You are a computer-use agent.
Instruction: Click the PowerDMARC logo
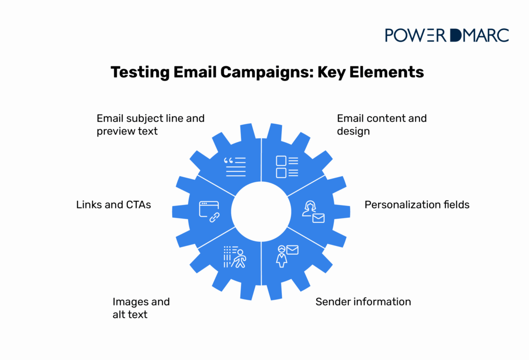click(x=446, y=35)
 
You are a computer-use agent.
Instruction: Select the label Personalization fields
click(x=417, y=205)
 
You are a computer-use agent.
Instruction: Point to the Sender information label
click(x=363, y=301)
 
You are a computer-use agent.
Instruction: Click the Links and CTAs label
click(x=114, y=205)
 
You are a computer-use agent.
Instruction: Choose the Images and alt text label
click(x=141, y=308)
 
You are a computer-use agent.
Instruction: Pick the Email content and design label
click(x=382, y=125)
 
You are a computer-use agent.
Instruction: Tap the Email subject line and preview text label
click(x=150, y=125)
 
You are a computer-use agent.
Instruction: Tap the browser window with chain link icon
click(x=209, y=211)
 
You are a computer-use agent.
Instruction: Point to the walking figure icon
click(x=235, y=257)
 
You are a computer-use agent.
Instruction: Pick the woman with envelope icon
click(x=287, y=256)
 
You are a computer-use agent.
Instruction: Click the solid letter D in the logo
click(x=456, y=35)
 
